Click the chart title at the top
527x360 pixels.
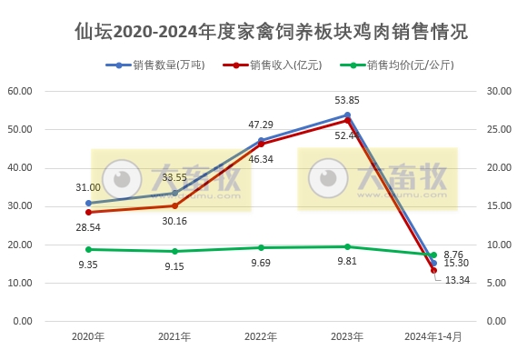[271, 32]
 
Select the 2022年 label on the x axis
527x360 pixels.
[261, 336]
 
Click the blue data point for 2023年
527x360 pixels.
[347, 115]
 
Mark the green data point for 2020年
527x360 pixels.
[88, 249]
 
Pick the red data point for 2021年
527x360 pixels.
[174, 205]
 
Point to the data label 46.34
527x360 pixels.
[261, 158]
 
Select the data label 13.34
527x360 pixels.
[457, 279]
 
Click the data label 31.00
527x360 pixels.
[88, 186]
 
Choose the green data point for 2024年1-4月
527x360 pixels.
[433, 255]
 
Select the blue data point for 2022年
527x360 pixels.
[261, 140]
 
